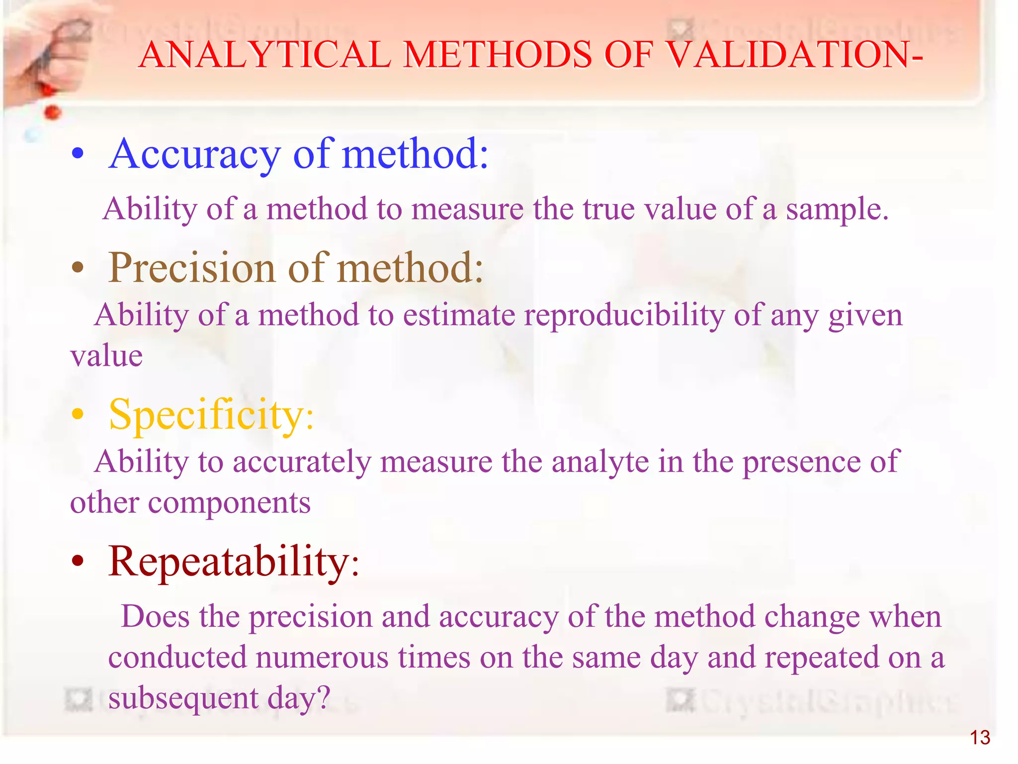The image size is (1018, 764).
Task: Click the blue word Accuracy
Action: (x=195, y=154)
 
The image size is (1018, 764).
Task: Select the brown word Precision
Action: (x=192, y=268)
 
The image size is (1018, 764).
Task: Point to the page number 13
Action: (x=980, y=738)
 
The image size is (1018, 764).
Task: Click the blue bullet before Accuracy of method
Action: (x=78, y=155)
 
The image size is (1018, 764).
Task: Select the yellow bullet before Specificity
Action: (x=78, y=415)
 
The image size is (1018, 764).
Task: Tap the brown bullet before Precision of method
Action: (x=78, y=269)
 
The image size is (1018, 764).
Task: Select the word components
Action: (x=229, y=503)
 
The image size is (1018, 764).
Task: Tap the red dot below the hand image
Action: (x=52, y=112)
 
